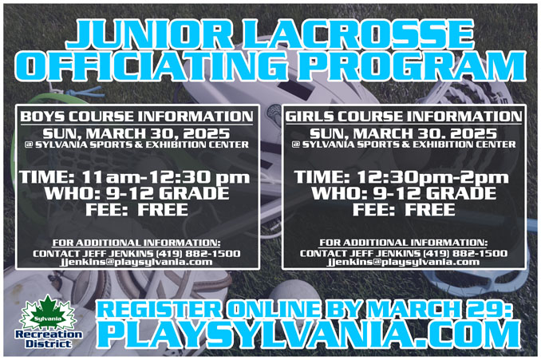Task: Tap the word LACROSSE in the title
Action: [x=360, y=34]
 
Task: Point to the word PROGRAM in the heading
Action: [x=413, y=66]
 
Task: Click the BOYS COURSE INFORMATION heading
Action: [x=136, y=117]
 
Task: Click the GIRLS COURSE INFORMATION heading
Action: [x=403, y=117]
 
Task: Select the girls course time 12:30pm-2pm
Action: [x=432, y=177]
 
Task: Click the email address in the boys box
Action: [x=136, y=262]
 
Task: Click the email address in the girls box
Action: [x=403, y=262]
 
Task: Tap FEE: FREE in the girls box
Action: [x=404, y=209]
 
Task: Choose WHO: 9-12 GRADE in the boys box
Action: [x=136, y=193]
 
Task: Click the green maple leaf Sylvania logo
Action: [x=48, y=313]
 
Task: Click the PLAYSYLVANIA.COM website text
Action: [x=308, y=334]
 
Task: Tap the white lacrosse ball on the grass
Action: [x=294, y=297]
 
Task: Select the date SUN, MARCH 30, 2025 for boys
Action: [x=136, y=133]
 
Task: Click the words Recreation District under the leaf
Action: [x=49, y=339]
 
